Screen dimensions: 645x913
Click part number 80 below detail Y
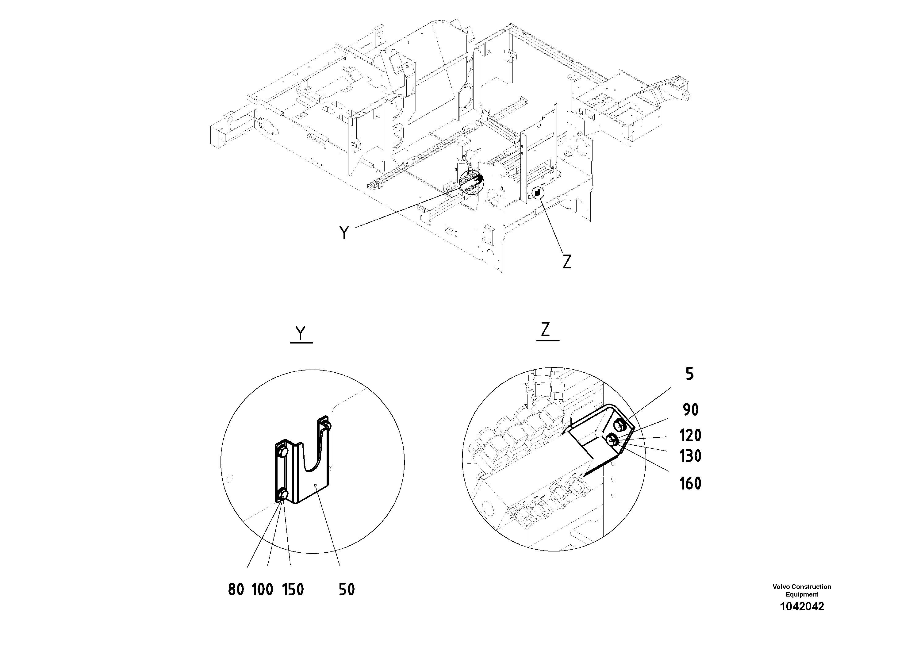tap(236, 589)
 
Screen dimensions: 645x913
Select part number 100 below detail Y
tap(263, 589)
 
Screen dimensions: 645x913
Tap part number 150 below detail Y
tap(293, 589)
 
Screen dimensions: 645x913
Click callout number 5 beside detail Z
tap(689, 374)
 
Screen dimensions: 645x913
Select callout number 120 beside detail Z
tap(690, 436)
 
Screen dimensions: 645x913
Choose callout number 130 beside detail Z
tap(690, 456)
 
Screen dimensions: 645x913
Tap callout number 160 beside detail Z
tap(690, 484)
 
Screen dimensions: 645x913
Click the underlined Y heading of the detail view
tap(301, 333)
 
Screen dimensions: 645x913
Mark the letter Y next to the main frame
tap(344, 232)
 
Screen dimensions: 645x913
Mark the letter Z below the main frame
tap(567, 261)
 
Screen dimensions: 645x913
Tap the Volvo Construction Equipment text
tap(802, 590)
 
